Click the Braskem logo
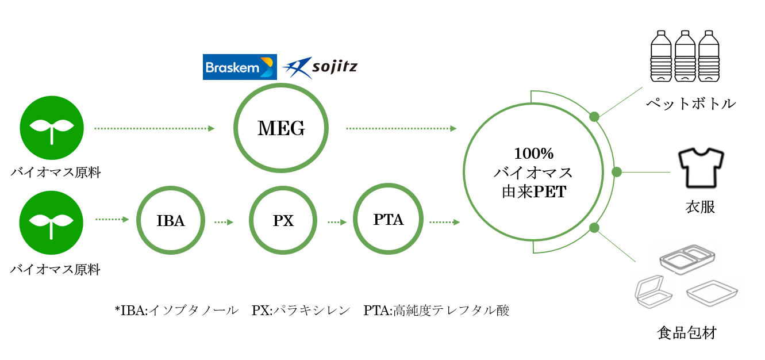click(x=240, y=67)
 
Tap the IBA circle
click(x=171, y=220)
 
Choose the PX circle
click(x=283, y=220)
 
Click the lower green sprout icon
click(x=52, y=222)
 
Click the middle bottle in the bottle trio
click(x=685, y=56)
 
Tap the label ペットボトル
click(x=690, y=104)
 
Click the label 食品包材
click(x=687, y=333)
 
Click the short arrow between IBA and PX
click(x=225, y=221)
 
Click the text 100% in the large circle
click(x=533, y=154)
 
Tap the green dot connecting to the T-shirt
click(x=617, y=171)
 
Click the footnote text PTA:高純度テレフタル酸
click(x=436, y=311)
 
